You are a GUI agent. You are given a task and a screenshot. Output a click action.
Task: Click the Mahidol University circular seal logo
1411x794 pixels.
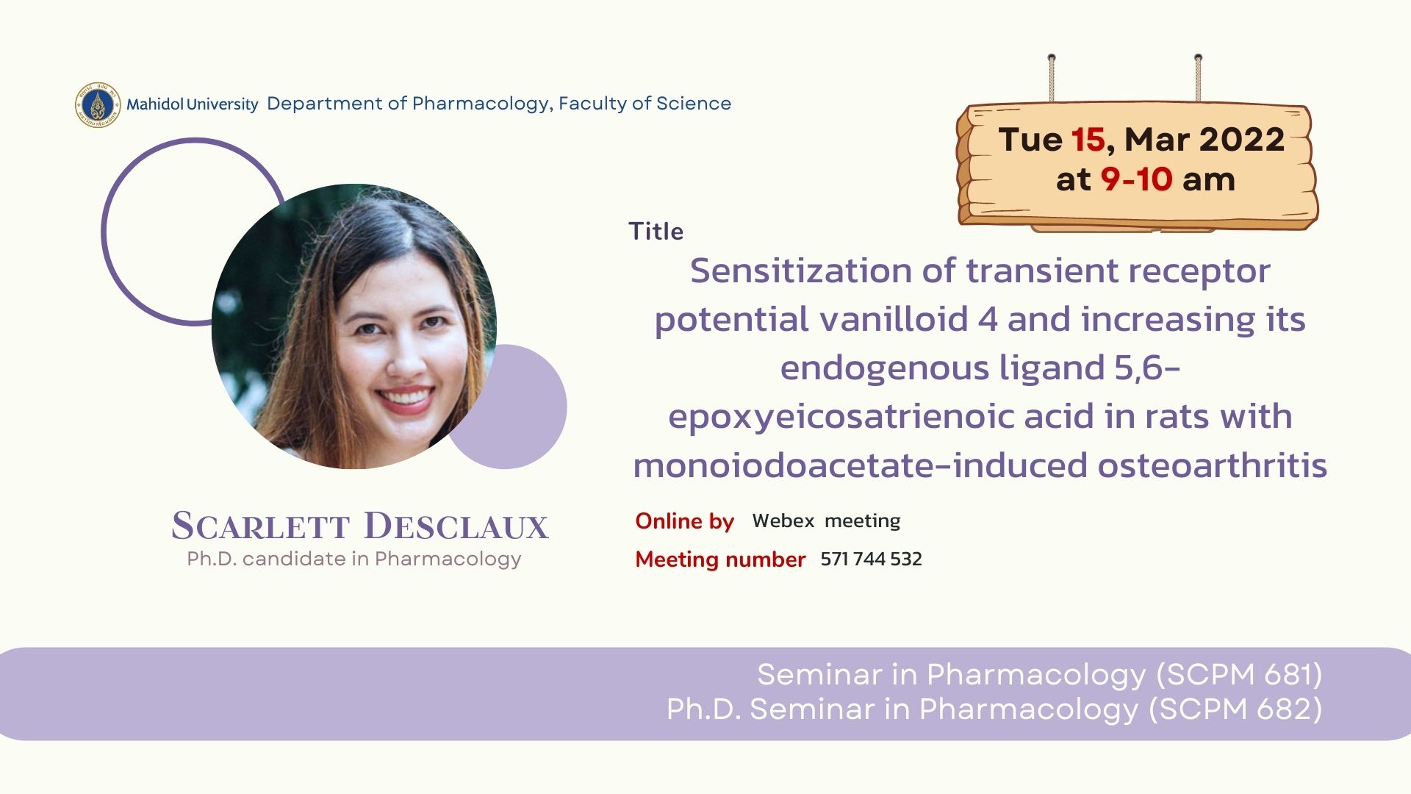[98, 104]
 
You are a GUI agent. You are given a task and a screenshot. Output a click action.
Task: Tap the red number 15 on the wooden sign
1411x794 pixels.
[1088, 140]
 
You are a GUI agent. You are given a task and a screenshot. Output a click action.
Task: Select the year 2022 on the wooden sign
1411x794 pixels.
[1242, 140]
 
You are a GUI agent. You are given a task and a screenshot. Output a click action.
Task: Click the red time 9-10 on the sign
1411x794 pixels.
[1136, 179]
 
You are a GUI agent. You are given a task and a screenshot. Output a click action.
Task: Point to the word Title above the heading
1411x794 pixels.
[656, 232]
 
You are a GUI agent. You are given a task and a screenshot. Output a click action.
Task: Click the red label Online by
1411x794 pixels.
[684, 521]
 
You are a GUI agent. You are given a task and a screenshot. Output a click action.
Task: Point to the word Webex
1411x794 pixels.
[783, 521]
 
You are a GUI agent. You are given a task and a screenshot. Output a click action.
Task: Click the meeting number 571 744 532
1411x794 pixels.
[871, 559]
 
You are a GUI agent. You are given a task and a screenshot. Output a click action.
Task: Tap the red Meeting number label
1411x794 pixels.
[720, 559]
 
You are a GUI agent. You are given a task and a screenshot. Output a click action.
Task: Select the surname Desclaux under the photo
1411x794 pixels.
[456, 526]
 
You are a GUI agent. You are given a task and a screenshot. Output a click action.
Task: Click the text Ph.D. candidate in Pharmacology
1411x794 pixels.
[354, 559]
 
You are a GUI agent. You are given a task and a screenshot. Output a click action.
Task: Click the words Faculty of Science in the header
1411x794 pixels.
[645, 104]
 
